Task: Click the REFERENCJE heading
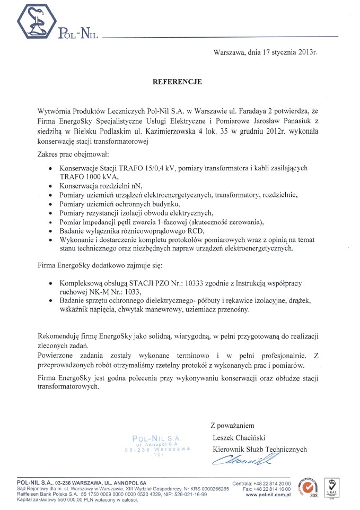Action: click(x=177, y=82)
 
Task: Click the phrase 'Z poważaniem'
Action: click(x=233, y=425)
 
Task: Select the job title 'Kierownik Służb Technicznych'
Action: click(x=260, y=449)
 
